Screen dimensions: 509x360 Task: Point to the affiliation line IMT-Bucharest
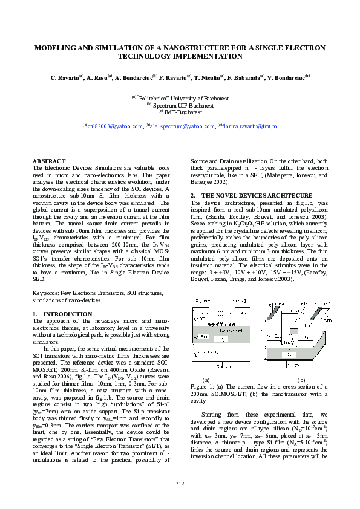182,111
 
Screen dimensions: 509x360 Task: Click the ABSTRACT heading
48,161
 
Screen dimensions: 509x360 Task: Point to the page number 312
180,482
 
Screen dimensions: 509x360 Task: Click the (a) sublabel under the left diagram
205,379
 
